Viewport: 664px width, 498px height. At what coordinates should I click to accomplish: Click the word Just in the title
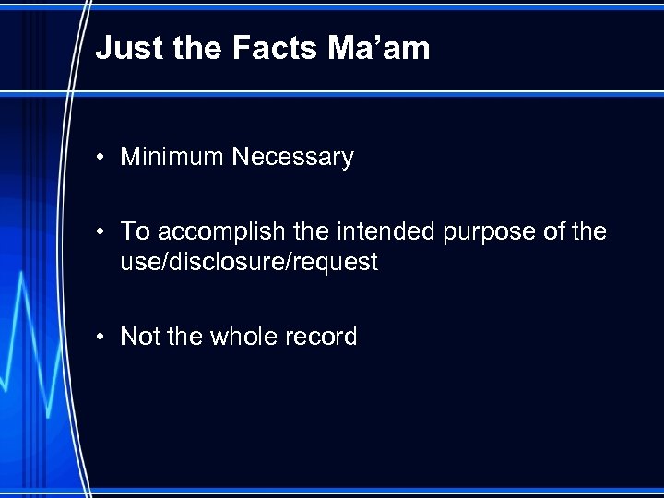[125, 48]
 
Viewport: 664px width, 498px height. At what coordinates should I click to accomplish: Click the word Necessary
[292, 158]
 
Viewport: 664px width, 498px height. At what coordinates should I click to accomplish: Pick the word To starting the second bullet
[136, 231]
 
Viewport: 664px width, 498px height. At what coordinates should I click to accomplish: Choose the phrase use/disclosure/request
[249, 263]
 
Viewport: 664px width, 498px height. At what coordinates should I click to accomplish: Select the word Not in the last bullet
[140, 337]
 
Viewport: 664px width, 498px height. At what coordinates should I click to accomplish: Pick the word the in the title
[196, 48]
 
